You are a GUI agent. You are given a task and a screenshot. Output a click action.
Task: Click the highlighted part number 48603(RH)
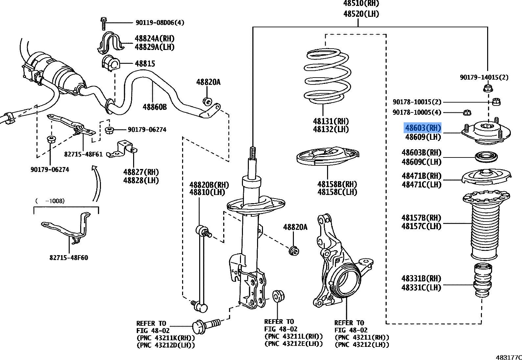tap(422, 128)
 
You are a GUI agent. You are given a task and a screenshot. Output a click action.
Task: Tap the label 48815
tap(145, 63)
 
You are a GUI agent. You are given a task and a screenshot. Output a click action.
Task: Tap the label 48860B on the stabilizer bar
tap(154, 107)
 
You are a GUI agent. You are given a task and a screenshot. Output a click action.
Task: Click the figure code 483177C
tap(509, 357)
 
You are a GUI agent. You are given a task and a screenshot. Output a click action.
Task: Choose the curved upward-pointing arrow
tap(96, 182)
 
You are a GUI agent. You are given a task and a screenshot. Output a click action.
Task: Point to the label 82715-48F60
tap(69, 258)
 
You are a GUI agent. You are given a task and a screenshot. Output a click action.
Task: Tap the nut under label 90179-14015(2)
tap(488, 88)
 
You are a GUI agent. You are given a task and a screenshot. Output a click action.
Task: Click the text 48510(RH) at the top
tap(361, 4)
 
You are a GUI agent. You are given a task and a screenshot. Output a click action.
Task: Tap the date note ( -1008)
tap(50, 201)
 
